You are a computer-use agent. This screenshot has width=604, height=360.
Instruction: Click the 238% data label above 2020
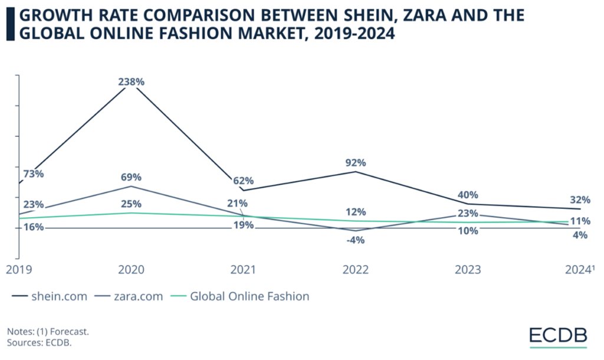[131, 82]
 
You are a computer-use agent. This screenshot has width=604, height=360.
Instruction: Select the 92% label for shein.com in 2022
[356, 162]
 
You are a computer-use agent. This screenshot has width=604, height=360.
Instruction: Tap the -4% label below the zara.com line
[356, 240]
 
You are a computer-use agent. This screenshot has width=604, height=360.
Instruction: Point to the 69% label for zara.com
[131, 177]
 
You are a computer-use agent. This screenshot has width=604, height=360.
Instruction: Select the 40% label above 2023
[468, 195]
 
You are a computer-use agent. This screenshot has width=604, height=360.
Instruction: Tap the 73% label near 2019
[33, 174]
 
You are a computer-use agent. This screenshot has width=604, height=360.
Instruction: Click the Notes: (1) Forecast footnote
[48, 332]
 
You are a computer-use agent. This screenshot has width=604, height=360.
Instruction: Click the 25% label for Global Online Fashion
[131, 204]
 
